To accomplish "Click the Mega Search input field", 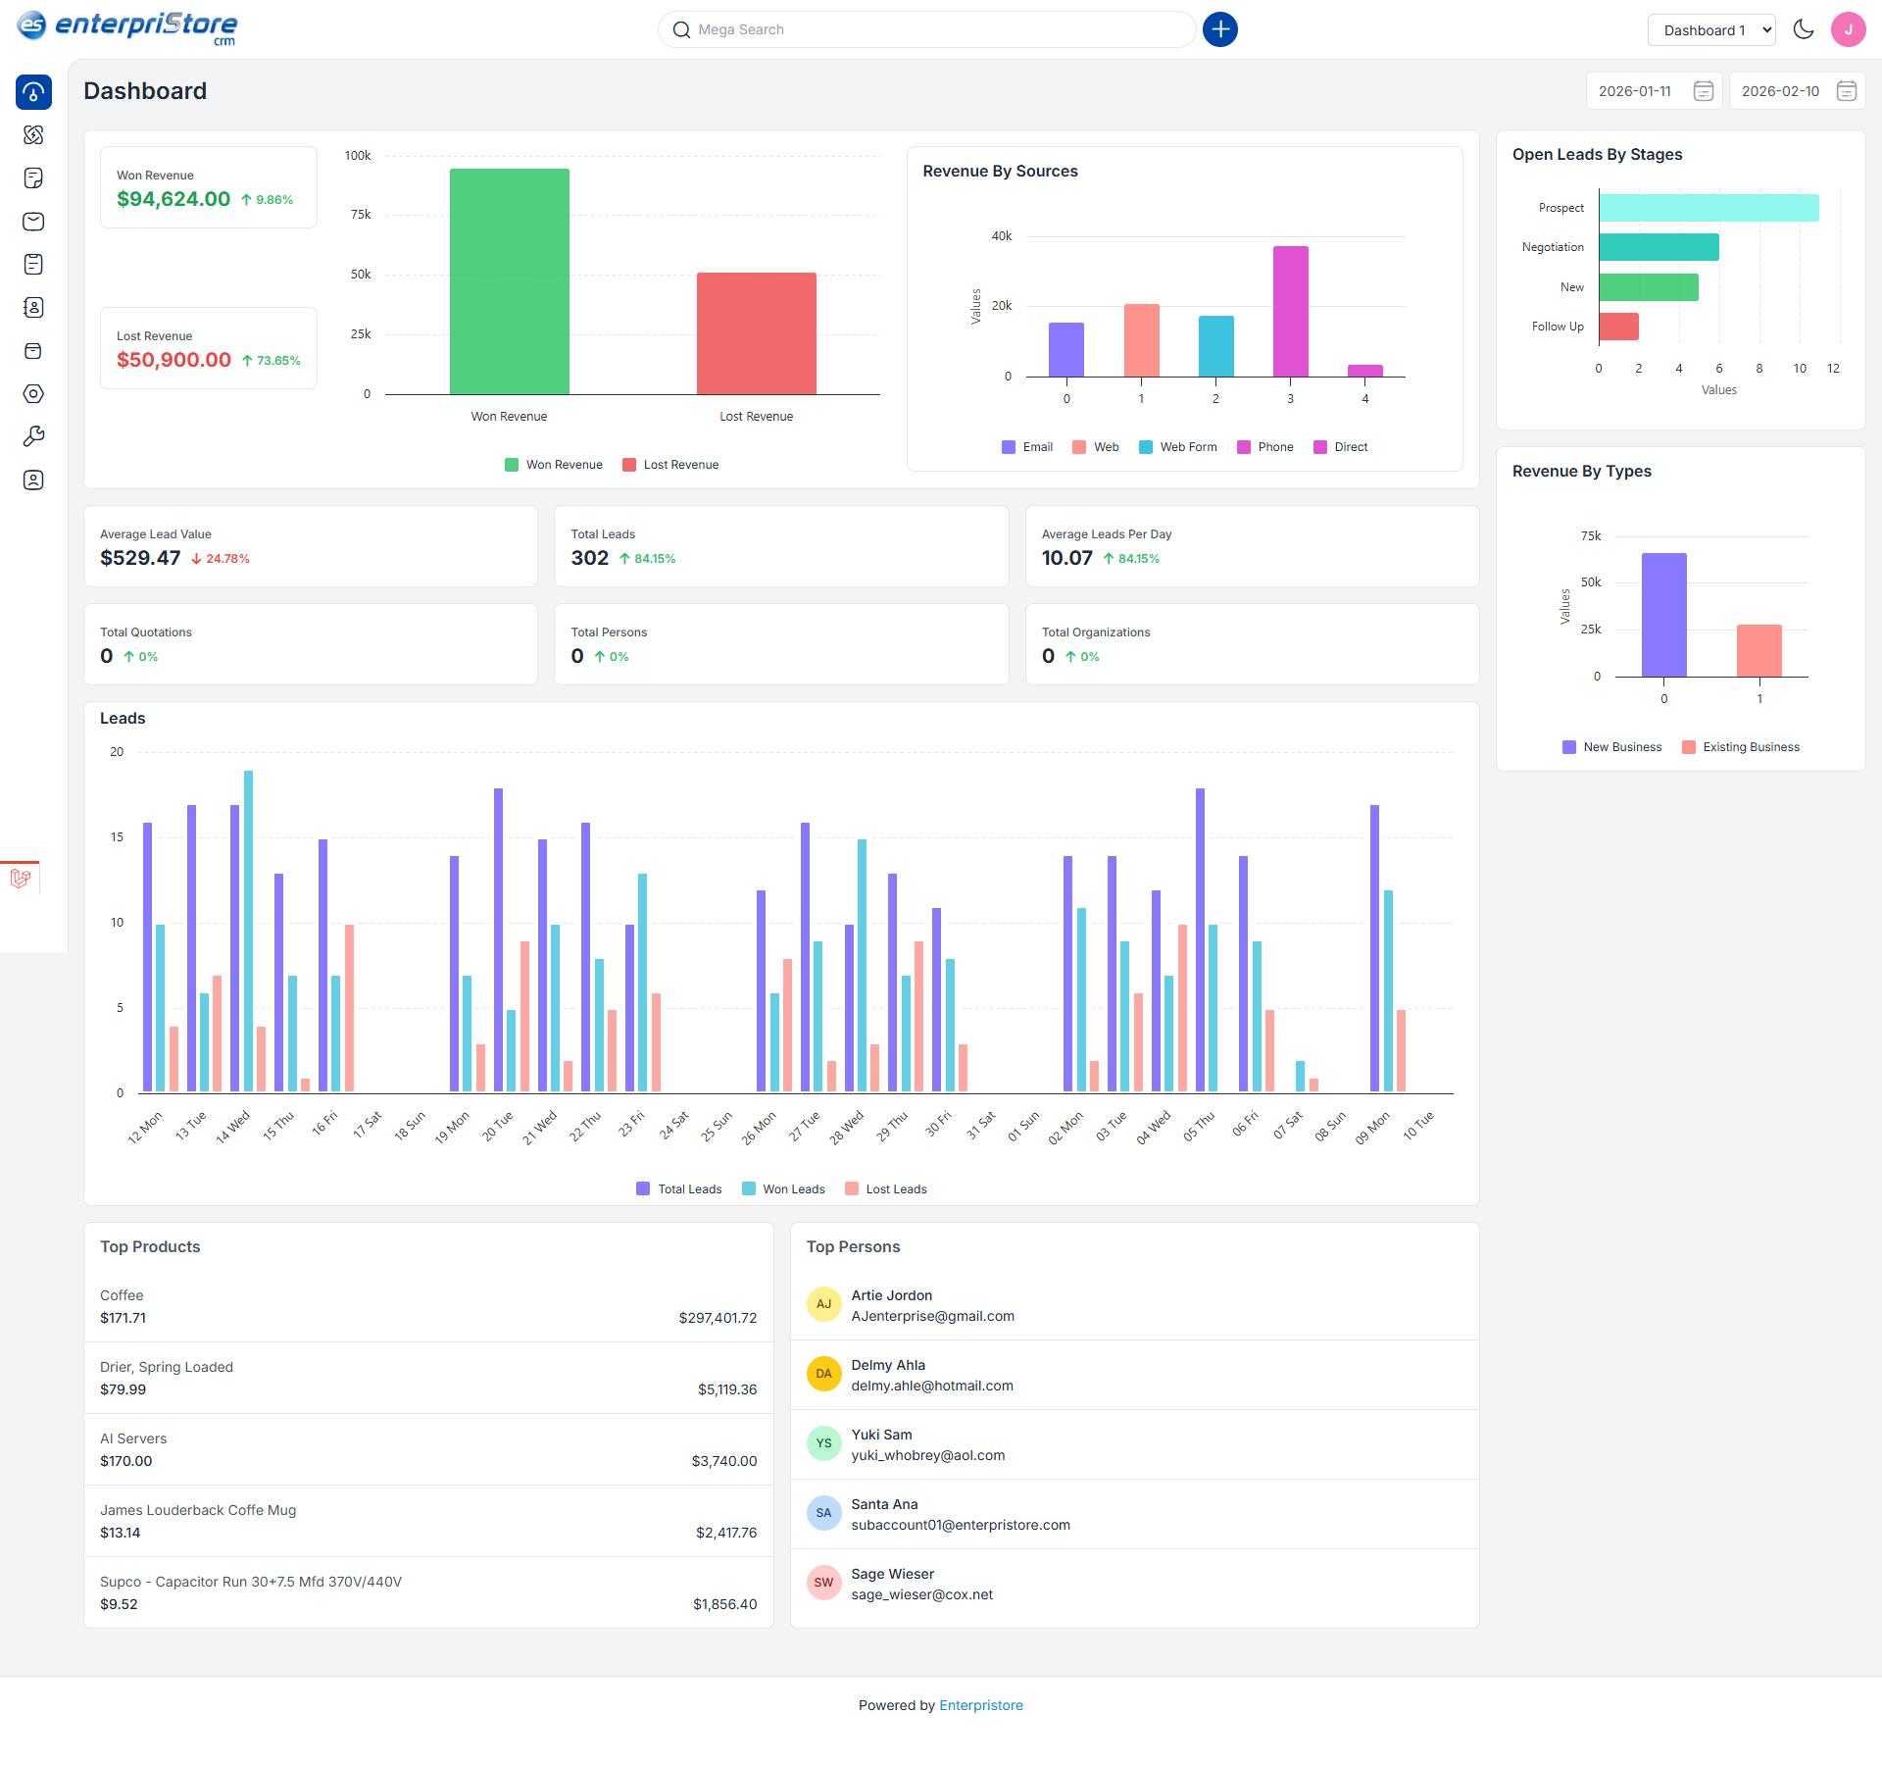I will (926, 29).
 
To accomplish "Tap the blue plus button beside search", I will (1219, 29).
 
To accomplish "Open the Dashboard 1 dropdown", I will (1710, 30).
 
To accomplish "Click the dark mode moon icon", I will (1803, 29).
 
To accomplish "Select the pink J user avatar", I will (1848, 29).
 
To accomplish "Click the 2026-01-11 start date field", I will (1636, 91).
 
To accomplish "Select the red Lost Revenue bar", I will (756, 333).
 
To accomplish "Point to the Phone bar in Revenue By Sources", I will (1290, 311).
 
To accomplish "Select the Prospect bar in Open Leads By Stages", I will (1708, 208).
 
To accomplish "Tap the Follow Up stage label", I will (1558, 327).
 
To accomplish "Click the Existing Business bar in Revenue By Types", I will (1758, 650).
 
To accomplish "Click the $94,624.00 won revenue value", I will (173, 199).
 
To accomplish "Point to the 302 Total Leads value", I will (589, 558).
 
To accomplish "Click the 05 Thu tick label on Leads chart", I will (1198, 1127).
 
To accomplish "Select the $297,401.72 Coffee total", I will (718, 1318).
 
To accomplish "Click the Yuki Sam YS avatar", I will (823, 1443).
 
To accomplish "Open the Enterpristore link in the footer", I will (980, 1705).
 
